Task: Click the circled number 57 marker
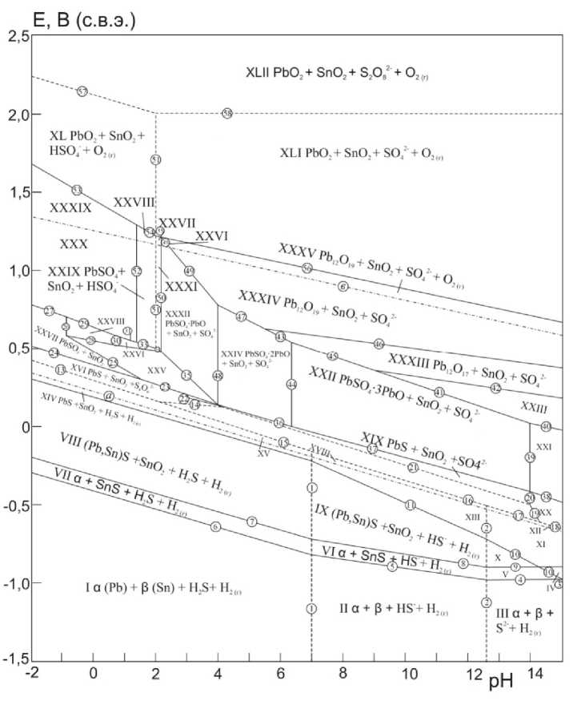click(82, 91)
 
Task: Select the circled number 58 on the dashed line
click(227, 114)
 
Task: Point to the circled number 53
click(77, 190)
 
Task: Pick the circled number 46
click(379, 344)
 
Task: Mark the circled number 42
click(495, 389)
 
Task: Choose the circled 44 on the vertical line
click(291, 385)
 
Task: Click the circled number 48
click(218, 375)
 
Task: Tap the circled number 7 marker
click(252, 522)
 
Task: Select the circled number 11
click(411, 505)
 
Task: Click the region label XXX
click(73, 242)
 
